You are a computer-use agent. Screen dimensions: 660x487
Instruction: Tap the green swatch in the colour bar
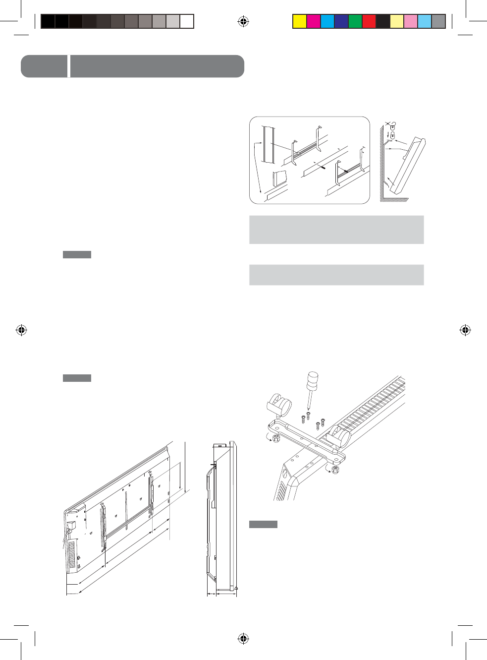(x=355, y=21)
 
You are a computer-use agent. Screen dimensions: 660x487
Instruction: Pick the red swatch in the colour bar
(x=369, y=21)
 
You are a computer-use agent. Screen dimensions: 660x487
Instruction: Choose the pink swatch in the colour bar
(x=411, y=21)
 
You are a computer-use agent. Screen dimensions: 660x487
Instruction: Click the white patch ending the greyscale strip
(x=187, y=21)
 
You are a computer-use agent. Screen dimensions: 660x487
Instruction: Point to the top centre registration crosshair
(x=243, y=21)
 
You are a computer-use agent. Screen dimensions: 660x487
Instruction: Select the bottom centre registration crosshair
(x=243, y=638)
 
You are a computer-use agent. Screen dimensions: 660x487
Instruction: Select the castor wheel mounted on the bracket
(x=339, y=437)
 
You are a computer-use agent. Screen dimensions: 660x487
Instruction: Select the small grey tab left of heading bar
(x=44, y=66)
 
